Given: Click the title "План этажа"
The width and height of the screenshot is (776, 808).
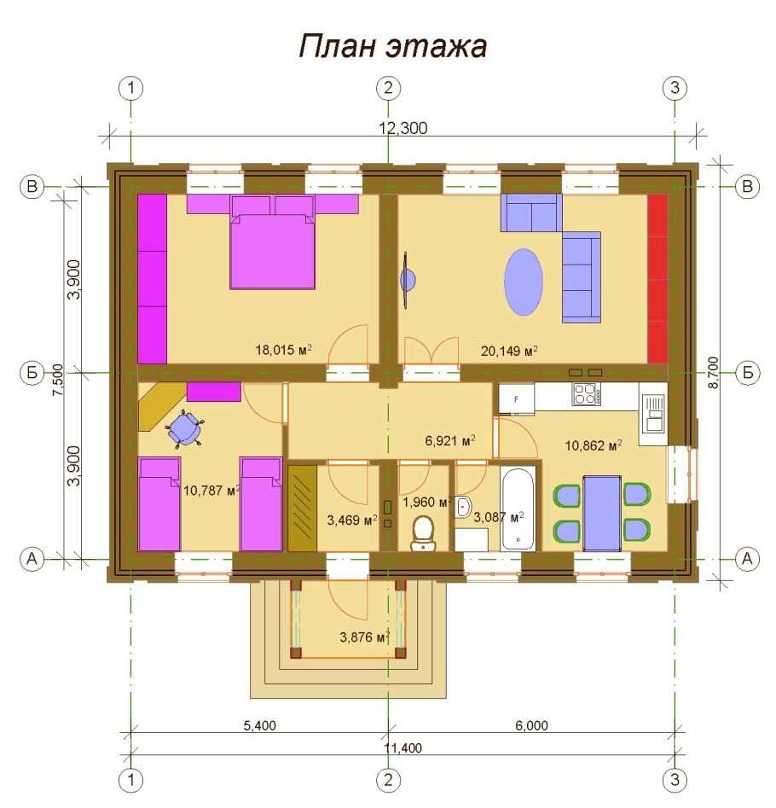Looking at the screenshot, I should [392, 46].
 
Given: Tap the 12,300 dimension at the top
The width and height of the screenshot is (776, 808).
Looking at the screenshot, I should [402, 128].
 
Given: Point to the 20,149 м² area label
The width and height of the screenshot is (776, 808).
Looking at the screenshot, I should [508, 350].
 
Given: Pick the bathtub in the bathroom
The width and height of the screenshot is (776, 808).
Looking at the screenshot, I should [518, 509].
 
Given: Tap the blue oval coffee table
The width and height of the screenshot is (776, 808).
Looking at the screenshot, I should [524, 282].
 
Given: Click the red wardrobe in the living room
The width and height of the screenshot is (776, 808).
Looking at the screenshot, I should [657, 279].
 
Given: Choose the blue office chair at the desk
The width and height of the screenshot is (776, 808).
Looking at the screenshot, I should [186, 427].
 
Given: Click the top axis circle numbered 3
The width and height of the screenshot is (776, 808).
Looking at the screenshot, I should [675, 87].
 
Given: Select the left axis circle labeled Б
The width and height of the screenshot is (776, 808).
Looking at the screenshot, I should [32, 372].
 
